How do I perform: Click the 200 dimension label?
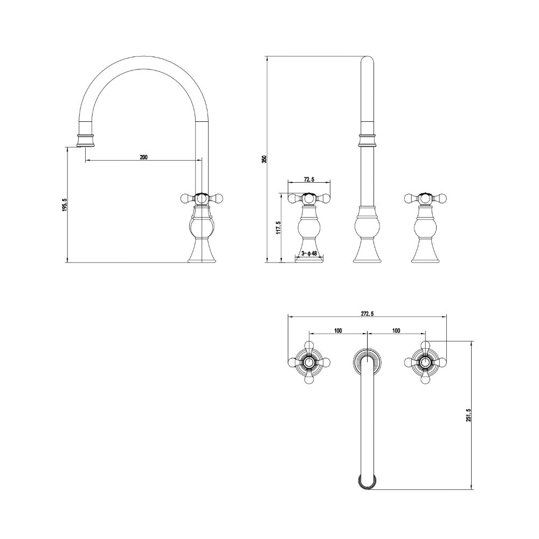[144, 157]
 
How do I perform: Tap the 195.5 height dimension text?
[65, 204]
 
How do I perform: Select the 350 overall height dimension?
[264, 159]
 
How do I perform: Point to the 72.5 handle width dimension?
[309, 179]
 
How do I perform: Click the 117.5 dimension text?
[279, 227]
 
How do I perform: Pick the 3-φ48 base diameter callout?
[309, 253]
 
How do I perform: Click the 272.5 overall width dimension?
[367, 313]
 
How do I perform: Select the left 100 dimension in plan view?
[338, 331]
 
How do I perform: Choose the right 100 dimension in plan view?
[396, 331]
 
